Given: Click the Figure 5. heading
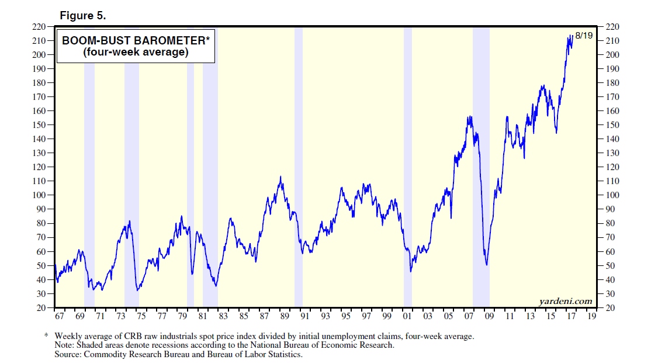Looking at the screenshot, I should [83, 15].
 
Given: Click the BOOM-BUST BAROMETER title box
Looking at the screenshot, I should [136, 46].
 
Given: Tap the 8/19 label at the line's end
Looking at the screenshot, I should [584, 36].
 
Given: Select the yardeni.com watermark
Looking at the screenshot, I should [565, 302].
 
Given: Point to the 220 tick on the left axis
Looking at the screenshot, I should [39, 27].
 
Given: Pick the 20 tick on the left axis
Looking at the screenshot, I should [41, 308].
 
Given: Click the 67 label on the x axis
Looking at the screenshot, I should [60, 317].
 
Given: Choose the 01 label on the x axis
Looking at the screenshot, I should [408, 317].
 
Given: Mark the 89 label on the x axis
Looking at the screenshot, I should [285, 317].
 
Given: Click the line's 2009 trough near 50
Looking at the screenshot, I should [487, 265].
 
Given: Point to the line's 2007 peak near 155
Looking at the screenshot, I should [469, 117].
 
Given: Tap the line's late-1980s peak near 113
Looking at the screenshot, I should [280, 177].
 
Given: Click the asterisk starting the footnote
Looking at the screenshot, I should [46, 336].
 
